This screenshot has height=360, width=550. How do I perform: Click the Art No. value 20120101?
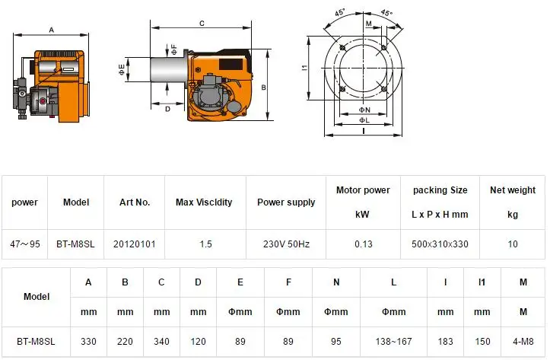(x=134, y=244)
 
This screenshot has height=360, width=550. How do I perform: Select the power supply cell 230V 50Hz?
(x=286, y=244)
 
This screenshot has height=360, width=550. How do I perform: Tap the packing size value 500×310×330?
(x=440, y=244)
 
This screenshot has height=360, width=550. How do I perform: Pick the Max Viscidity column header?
(x=204, y=202)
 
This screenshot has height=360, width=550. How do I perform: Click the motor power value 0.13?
(x=363, y=244)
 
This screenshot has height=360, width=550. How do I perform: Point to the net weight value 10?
(x=512, y=244)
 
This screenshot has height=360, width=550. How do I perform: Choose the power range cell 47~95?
(x=24, y=244)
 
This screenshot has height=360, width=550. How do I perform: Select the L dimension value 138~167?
(x=393, y=342)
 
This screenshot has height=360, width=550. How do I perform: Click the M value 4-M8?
(x=523, y=342)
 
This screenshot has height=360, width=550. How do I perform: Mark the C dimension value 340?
(x=161, y=342)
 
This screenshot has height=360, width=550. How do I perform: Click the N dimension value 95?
(x=336, y=342)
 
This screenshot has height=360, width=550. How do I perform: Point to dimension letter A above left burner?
(x=51, y=30)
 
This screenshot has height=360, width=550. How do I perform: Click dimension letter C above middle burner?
(x=201, y=24)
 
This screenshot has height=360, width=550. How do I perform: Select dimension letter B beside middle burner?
(x=262, y=88)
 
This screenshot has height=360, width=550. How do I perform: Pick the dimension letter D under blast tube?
(x=167, y=109)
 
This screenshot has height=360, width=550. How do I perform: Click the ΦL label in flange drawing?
(x=364, y=120)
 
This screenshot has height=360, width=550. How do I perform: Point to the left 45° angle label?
(x=340, y=12)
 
